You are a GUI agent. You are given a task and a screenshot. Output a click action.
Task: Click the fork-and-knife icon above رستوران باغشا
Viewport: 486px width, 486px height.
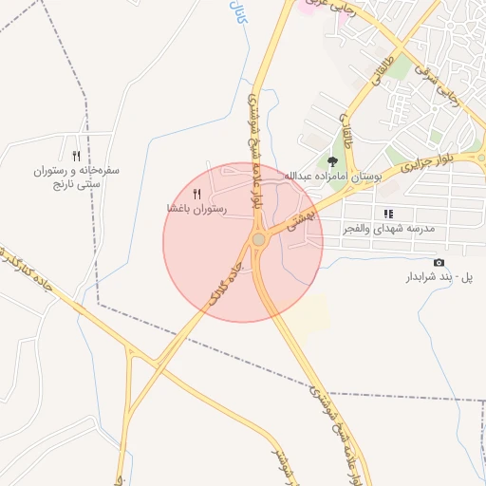(197, 194)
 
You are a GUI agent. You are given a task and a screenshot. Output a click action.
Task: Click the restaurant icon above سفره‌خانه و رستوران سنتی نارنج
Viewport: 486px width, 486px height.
(75, 156)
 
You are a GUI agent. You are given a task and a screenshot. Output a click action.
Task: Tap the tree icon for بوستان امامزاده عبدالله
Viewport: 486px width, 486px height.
(332, 161)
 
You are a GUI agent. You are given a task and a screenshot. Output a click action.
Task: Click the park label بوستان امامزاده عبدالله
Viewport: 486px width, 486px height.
(326, 177)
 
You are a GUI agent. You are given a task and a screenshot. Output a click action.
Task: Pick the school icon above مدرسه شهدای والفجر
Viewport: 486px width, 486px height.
(388, 214)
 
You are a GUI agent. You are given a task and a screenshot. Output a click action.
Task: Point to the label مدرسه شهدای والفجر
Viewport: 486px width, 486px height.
(388, 229)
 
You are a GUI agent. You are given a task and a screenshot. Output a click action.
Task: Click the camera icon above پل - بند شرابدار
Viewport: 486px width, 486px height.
(438, 262)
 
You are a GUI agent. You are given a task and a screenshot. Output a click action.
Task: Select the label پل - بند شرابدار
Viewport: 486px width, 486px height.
(439, 277)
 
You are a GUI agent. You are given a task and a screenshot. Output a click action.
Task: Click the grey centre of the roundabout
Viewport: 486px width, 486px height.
(258, 239)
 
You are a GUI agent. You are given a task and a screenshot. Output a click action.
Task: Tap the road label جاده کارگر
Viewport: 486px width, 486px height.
(224, 283)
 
